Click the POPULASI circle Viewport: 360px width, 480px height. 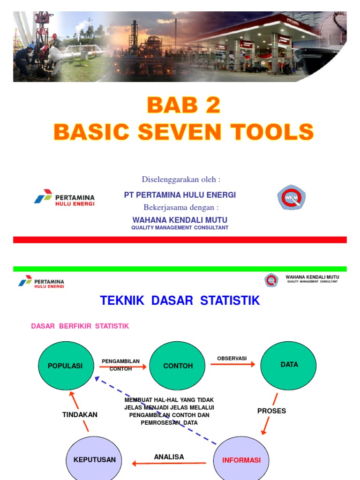pyautogui.click(x=65, y=366)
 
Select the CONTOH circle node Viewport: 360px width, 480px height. pyautogui.click(x=178, y=366)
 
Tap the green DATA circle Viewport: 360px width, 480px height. pyautogui.click(x=289, y=365)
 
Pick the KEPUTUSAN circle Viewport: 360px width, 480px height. pyautogui.click(x=94, y=459)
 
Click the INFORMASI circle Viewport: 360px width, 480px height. pyautogui.click(x=241, y=460)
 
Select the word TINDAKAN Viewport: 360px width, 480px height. pyautogui.click(x=80, y=415)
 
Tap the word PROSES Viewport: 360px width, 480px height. pyautogui.click(x=271, y=411)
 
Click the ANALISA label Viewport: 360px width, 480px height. pyautogui.click(x=169, y=457)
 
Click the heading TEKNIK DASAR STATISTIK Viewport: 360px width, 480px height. pyautogui.click(x=180, y=300)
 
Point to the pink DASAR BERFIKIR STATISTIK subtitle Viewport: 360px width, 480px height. pyautogui.click(x=80, y=326)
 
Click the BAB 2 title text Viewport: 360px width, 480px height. pyautogui.click(x=183, y=105)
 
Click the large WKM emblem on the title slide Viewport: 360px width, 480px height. pyautogui.click(x=291, y=197)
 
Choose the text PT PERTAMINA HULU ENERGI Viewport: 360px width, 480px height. pyautogui.click(x=180, y=195)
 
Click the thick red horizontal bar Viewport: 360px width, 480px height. pyautogui.click(x=180, y=240)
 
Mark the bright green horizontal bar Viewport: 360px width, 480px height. pyautogui.click(x=180, y=269)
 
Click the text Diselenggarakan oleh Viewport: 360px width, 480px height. pyautogui.click(x=181, y=180)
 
